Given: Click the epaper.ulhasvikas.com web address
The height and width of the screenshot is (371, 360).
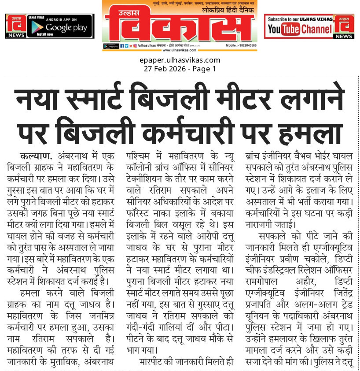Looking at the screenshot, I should click(x=180, y=60).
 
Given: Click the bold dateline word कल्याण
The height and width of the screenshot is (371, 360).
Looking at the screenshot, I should click(x=35, y=156).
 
